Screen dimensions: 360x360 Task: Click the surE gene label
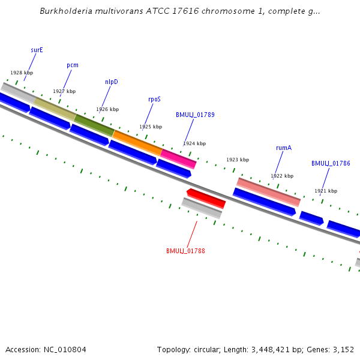tap(37, 50)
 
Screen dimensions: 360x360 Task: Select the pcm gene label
tap(73, 65)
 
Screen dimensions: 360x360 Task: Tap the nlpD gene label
tap(112, 82)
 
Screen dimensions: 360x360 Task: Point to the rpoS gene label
tap(154, 99)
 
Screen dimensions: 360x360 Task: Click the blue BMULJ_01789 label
tap(195, 115)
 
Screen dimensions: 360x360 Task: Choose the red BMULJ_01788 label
tap(185, 251)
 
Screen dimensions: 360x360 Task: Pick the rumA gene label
tap(284, 148)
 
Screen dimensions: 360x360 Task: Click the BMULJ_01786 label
tap(331, 163)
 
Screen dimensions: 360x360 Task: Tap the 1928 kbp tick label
tap(22, 73)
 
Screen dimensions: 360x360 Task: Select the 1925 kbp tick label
tap(151, 127)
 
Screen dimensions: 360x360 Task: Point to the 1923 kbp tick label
tap(237, 160)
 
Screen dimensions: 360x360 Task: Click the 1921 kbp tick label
tap(326, 191)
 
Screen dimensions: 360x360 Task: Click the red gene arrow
tap(206, 197)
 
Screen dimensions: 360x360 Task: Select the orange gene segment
tap(137, 142)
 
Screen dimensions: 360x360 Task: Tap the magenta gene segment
tap(178, 158)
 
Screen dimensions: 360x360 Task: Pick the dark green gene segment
tap(94, 123)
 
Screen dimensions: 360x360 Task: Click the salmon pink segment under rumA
tap(269, 192)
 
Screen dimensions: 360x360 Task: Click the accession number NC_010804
tap(65, 349)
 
